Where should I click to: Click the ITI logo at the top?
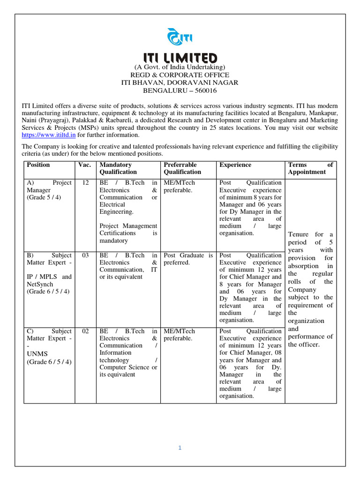(x=180, y=37)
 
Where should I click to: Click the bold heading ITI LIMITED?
(x=180, y=58)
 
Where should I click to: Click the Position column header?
(x=38, y=165)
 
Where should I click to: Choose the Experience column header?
(x=235, y=165)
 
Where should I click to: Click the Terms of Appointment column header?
(x=310, y=168)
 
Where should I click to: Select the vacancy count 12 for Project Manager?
(x=85, y=182)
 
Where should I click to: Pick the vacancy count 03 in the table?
(x=85, y=255)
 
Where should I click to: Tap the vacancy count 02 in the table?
(x=85, y=331)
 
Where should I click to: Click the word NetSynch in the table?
(x=40, y=284)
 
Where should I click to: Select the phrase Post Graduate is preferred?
(x=188, y=259)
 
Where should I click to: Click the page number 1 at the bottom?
(x=180, y=448)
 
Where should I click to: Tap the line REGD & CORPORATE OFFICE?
(x=180, y=75)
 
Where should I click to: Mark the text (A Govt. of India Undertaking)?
(x=180, y=67)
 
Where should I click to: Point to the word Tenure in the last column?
(x=299, y=234)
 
